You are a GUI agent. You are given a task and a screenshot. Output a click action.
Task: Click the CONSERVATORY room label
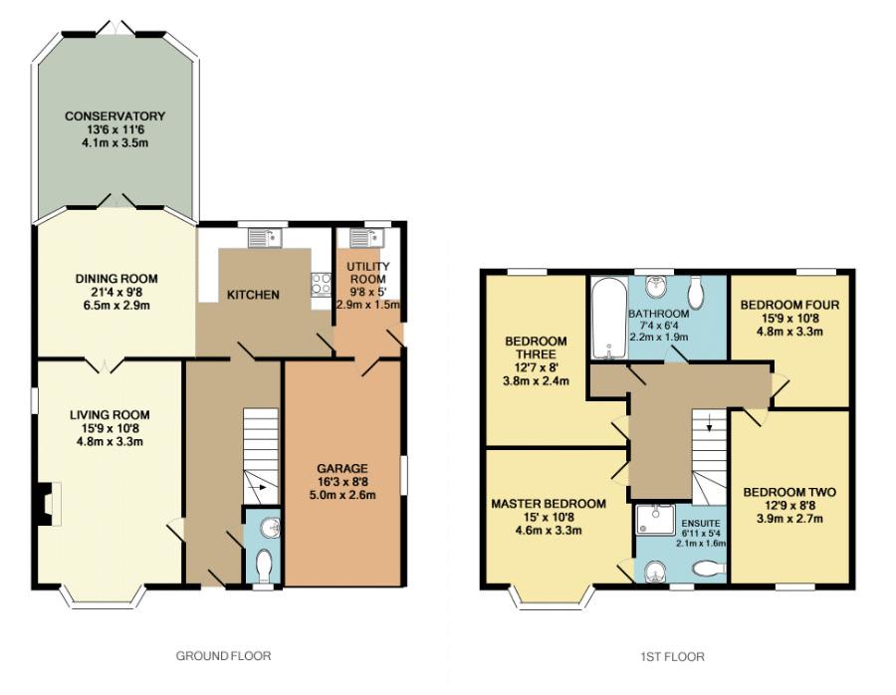click(x=114, y=116)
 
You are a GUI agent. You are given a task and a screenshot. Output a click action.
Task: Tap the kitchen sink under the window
click(x=265, y=238)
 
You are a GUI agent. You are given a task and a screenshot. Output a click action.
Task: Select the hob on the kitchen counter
click(x=320, y=285)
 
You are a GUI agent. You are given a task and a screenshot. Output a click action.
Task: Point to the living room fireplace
click(x=49, y=504)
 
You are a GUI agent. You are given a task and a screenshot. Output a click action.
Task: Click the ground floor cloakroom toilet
click(x=264, y=565)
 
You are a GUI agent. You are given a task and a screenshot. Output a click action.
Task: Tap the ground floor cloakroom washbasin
click(x=270, y=529)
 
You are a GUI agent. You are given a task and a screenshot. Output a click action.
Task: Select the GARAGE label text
click(x=342, y=468)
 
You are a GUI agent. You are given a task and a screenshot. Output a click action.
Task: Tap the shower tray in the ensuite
click(x=655, y=520)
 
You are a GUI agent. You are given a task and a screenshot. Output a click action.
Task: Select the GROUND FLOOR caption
click(x=223, y=655)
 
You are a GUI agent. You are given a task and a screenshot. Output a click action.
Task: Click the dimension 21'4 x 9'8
click(x=116, y=292)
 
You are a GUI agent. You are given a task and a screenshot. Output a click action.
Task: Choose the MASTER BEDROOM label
click(x=549, y=504)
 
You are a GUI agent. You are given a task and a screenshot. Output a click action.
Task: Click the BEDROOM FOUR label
click(x=789, y=306)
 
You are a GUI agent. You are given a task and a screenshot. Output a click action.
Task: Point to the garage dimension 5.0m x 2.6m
click(x=342, y=495)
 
